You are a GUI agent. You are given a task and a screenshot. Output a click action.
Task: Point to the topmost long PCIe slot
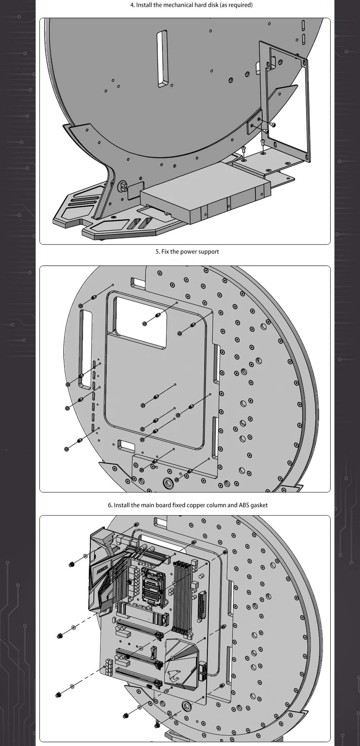(x=139, y=628)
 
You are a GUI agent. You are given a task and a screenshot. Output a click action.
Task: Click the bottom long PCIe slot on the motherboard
(x=137, y=673)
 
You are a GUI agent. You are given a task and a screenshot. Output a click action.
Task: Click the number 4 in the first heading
(x=132, y=5)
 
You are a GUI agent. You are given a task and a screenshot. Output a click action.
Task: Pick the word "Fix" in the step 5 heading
(x=165, y=252)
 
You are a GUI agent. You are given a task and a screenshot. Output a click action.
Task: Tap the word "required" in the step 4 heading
(x=239, y=5)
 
